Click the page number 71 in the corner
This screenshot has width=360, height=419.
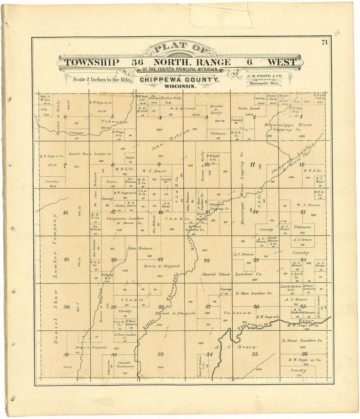pos(324,42)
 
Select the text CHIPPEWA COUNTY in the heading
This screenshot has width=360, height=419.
pos(179,80)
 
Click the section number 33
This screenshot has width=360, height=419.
pos(160,354)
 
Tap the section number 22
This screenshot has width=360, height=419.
pos(207,260)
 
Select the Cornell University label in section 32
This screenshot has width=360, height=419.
pos(126,365)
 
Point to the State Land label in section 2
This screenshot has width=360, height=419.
pos(249,108)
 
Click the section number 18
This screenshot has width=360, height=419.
pos(65,213)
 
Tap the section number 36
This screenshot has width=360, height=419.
pos(304,354)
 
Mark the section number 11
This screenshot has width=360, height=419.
pos(252,165)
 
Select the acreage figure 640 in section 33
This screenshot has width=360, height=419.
pos(160,367)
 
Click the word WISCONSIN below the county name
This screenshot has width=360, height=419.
pos(181,87)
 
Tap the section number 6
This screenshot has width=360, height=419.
pos(65,117)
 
